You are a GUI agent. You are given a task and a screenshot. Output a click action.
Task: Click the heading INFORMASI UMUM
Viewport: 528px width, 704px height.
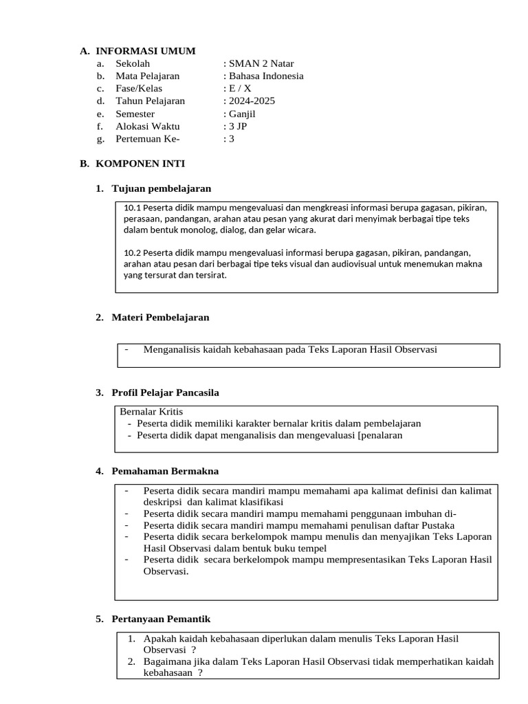146,51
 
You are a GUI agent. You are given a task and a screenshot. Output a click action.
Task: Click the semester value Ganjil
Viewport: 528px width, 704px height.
243,113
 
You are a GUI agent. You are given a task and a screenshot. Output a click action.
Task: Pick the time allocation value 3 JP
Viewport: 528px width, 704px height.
238,126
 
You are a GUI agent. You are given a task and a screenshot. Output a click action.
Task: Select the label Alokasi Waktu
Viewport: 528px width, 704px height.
147,126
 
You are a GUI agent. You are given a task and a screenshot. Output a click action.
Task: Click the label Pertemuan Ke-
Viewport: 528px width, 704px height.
147,139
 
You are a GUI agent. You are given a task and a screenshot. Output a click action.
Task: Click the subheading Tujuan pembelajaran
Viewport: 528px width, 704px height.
162,188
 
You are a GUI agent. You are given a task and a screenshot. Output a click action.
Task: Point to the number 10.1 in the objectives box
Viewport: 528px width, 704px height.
132,208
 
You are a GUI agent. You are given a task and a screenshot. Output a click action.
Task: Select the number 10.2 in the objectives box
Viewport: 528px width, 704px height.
133,252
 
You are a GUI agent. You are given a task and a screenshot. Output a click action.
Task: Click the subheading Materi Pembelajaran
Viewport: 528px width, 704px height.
161,317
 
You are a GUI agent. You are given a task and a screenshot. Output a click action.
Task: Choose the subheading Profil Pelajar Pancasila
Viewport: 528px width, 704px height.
166,393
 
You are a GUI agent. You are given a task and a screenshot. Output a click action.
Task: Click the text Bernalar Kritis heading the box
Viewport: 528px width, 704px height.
151,412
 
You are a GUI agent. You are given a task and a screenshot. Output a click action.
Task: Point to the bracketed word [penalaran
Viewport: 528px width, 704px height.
377,435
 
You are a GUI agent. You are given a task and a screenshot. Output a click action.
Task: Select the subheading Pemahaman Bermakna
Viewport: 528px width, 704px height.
165,471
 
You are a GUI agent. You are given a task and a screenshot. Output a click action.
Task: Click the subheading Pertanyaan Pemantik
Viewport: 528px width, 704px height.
161,619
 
